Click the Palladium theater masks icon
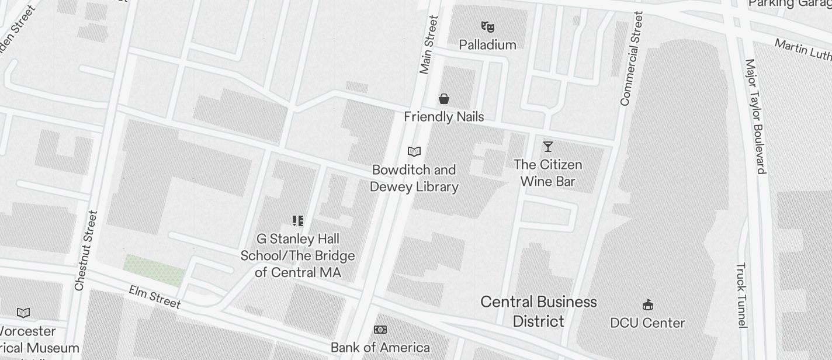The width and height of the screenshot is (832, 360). [487, 26]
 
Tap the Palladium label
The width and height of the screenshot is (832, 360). [487, 45]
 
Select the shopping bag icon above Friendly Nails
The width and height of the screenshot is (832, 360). [444, 99]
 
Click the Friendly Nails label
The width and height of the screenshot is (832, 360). [444, 117]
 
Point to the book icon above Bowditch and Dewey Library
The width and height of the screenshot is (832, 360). [414, 152]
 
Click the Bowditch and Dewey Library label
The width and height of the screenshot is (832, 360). [414, 178]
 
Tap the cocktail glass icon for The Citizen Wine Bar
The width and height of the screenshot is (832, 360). [547, 146]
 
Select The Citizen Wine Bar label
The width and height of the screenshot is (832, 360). [548, 173]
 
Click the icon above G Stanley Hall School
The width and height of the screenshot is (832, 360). [298, 221]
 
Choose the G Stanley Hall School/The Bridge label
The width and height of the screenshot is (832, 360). [298, 256]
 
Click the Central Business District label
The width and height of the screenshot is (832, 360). [539, 311]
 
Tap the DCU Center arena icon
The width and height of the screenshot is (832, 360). [647, 304]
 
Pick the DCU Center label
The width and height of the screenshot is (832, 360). [647, 323]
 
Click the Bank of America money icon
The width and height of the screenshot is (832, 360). [380, 330]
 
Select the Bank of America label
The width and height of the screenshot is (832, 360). [380, 348]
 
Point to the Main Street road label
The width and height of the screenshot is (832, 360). [429, 45]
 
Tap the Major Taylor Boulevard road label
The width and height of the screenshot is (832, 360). [755, 116]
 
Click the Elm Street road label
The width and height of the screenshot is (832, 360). [155, 297]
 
